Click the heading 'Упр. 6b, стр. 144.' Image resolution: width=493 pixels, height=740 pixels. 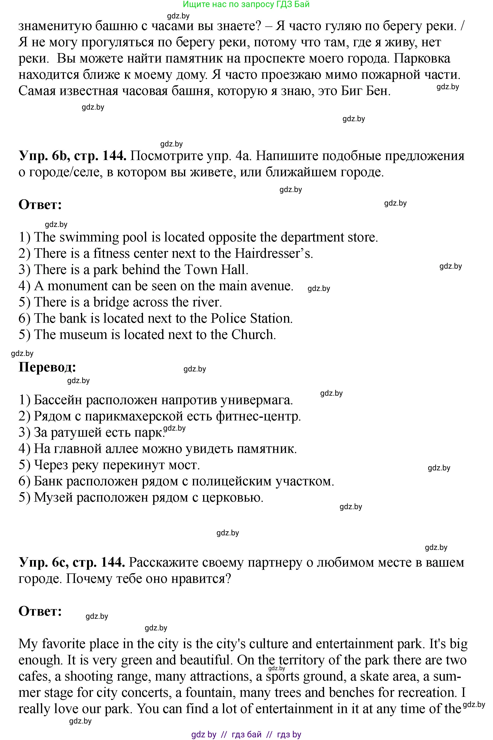[x=72, y=156]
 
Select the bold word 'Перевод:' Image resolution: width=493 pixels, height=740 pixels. [x=47, y=367]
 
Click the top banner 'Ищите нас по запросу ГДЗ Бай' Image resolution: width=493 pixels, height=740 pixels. [x=246, y=4]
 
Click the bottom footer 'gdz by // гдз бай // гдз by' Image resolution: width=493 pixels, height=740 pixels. [x=246, y=735]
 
